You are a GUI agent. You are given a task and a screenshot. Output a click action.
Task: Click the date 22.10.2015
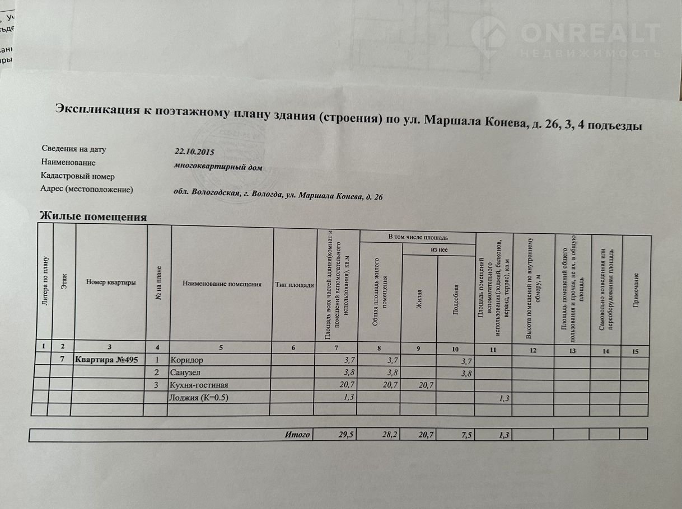click(194, 151)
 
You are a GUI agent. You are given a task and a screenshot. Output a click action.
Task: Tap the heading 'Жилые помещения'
click(93, 216)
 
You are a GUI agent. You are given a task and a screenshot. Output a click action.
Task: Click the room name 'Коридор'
click(186, 360)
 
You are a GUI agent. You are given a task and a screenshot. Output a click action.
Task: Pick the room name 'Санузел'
click(185, 373)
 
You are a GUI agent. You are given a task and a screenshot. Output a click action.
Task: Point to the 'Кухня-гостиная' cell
click(199, 385)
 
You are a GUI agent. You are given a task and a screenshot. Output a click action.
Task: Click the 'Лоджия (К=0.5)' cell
click(199, 398)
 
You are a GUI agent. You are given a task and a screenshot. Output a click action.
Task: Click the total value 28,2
click(389, 435)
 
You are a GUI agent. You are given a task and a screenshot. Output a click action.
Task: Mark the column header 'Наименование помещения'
click(222, 284)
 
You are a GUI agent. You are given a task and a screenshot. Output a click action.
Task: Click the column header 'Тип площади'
click(295, 285)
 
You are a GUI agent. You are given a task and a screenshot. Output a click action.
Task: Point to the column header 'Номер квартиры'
click(111, 282)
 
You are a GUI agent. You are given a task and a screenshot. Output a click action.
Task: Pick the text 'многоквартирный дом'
click(218, 166)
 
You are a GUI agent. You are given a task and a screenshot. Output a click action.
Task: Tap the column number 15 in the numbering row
click(634, 351)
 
